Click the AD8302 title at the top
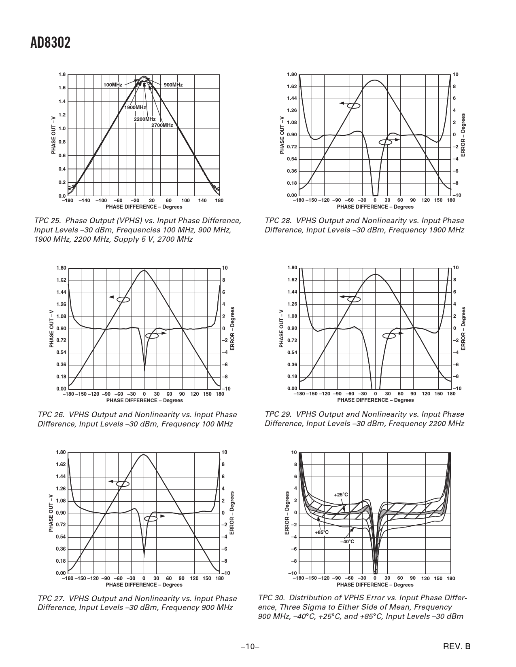click(x=51, y=43)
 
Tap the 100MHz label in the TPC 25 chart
click(x=113, y=85)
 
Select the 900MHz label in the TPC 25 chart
click(x=173, y=85)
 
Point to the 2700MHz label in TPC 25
click(x=162, y=125)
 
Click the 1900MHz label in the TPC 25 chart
click(x=135, y=108)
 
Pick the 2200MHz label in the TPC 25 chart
click(x=145, y=119)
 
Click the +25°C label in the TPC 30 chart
click(x=341, y=495)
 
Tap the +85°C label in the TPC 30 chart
click(x=321, y=532)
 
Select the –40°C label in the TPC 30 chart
click(x=347, y=541)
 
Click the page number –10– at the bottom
click(x=250, y=647)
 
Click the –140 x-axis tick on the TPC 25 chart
click(x=84, y=201)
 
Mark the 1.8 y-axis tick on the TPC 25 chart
click(x=62, y=74)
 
